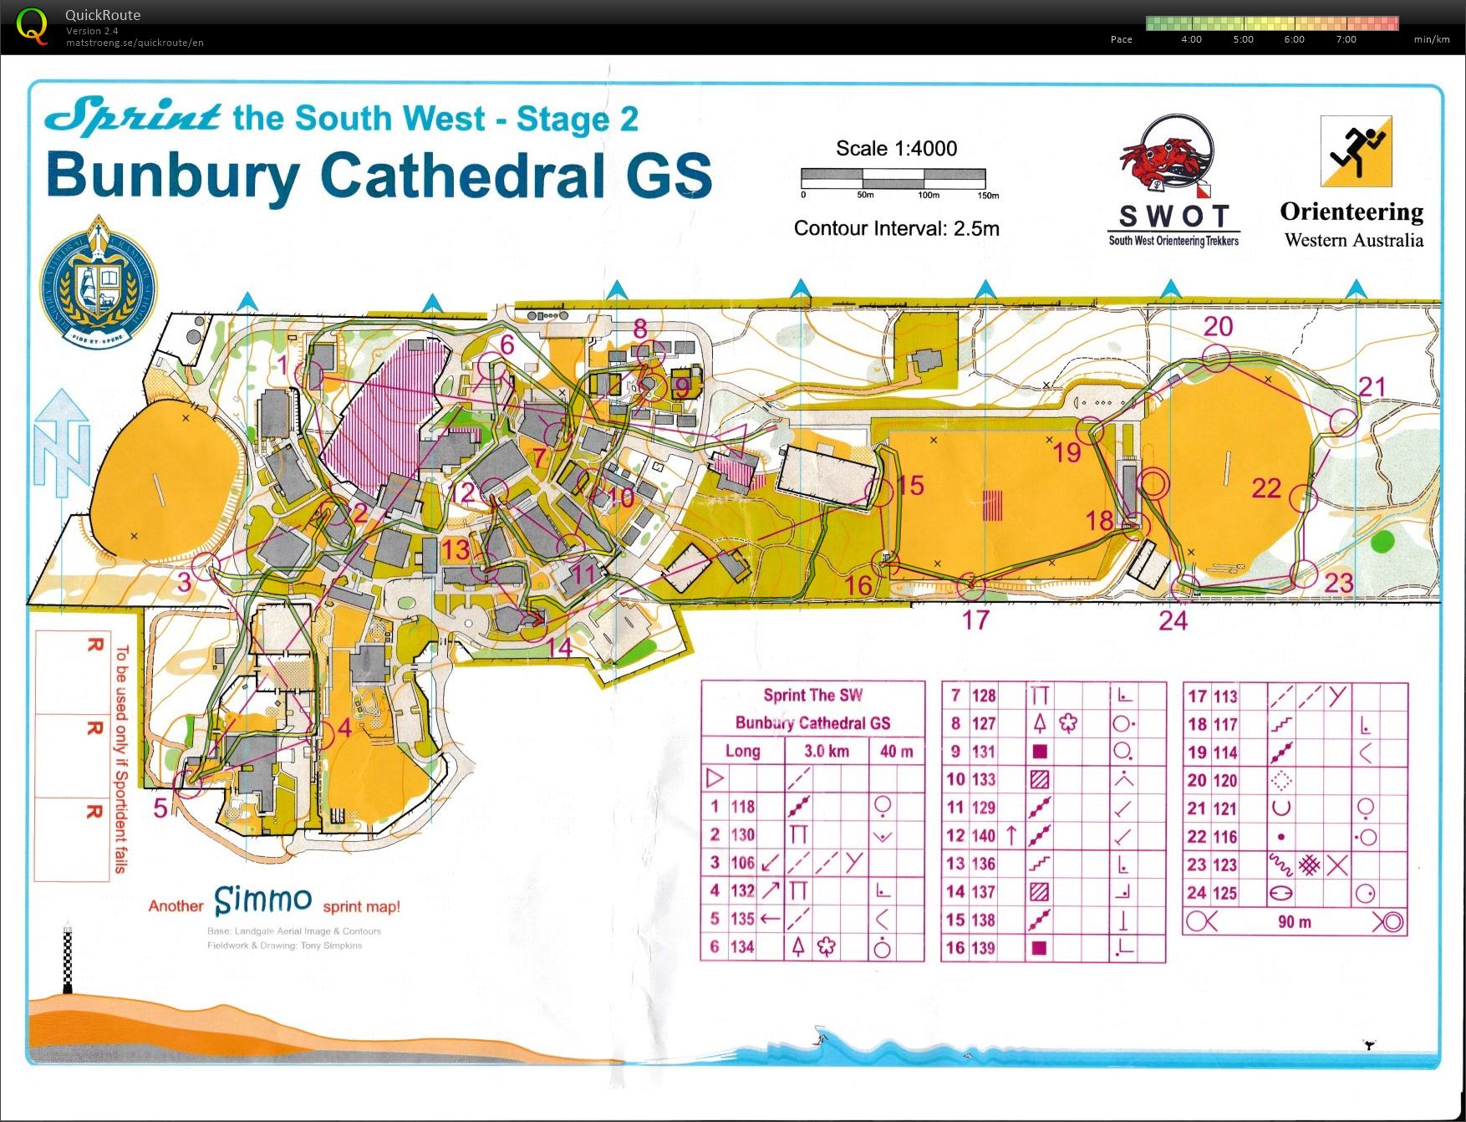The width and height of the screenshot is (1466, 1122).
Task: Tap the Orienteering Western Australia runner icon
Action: [1356, 151]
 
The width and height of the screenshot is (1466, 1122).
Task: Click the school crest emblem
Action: [99, 283]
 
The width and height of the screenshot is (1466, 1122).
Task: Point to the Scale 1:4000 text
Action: [896, 149]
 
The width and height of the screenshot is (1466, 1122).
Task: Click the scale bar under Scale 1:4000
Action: [893, 178]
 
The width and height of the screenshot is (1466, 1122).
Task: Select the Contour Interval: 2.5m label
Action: [896, 229]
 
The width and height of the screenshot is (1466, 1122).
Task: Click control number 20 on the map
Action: [1218, 327]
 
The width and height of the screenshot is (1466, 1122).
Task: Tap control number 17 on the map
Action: [975, 620]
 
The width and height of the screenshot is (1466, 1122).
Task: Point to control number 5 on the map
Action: [160, 808]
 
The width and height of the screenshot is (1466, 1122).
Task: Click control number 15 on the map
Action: [911, 486]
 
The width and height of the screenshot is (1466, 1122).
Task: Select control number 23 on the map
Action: [1338, 583]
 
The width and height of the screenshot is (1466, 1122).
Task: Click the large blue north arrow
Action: [62, 443]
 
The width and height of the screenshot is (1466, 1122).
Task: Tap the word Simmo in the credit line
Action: [262, 900]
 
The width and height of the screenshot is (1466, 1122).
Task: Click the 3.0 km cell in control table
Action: [826, 751]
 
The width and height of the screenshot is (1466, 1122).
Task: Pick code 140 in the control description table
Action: [983, 835]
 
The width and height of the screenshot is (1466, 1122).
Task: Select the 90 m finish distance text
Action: [1294, 922]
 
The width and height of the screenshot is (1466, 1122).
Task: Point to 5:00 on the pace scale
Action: [1243, 39]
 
